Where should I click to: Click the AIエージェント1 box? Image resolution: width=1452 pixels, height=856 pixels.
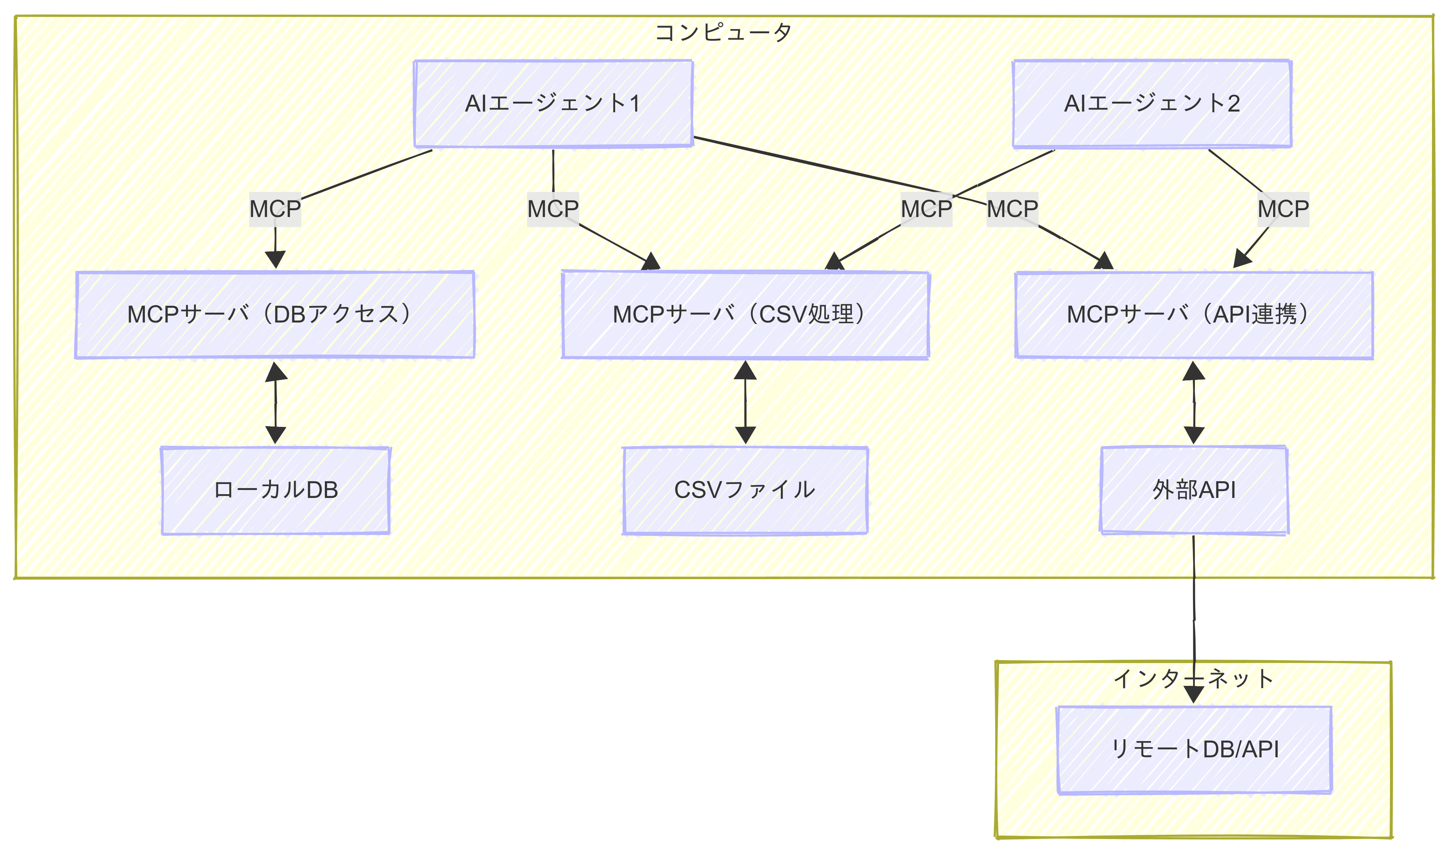tap(553, 104)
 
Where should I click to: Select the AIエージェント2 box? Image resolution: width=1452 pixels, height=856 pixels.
tap(1151, 104)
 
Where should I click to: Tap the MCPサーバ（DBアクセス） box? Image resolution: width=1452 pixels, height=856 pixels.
tap(275, 314)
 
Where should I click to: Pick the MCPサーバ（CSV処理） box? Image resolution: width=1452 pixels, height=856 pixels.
tap(745, 314)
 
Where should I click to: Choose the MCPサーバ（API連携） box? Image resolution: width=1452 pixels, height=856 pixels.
tap(1194, 314)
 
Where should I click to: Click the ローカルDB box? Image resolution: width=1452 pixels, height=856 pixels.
tap(275, 490)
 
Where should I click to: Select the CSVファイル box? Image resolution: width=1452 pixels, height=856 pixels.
tap(745, 490)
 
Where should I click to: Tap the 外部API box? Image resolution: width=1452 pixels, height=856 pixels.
tap(1194, 490)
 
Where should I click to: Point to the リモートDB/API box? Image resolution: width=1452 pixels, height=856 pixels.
tap(1194, 749)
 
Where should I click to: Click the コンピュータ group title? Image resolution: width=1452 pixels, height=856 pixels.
tap(723, 32)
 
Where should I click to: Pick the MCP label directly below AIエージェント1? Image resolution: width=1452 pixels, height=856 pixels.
tap(553, 209)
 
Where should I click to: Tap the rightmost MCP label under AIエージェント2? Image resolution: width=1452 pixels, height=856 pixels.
tap(1283, 209)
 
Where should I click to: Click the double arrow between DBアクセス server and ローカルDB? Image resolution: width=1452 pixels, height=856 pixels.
tap(276, 403)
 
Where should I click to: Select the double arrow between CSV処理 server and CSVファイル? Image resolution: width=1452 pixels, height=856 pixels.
tap(745, 403)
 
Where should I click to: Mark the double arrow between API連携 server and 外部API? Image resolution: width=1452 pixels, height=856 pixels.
tap(1194, 403)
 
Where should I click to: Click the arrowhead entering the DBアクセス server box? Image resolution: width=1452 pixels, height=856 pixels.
tap(275, 260)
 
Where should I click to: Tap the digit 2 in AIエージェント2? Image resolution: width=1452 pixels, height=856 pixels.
tap(1233, 104)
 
